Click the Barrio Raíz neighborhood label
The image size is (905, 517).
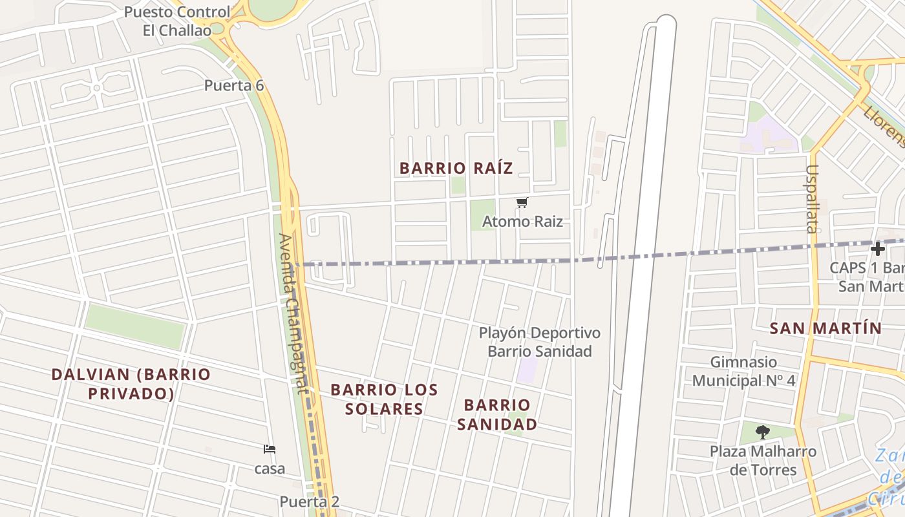click(456, 169)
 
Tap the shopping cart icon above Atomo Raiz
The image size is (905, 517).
click(522, 203)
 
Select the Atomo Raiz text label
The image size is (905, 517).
click(522, 222)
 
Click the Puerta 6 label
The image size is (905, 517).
click(234, 85)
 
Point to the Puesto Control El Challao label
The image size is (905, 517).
click(176, 21)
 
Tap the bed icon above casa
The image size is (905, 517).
click(270, 449)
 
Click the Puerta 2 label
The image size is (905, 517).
click(309, 501)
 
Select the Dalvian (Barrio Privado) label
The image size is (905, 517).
click(131, 384)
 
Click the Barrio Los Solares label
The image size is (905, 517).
click(384, 399)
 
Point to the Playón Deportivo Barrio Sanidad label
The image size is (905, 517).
click(540, 342)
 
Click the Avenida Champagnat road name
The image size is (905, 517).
click(292, 313)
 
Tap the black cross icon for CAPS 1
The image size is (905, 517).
click(877, 249)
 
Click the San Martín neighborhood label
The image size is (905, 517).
click(825, 328)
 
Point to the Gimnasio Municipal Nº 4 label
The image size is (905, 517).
click(743, 371)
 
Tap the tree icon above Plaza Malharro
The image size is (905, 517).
click(763, 432)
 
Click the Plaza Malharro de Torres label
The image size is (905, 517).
click(763, 460)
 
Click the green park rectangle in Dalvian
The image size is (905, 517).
click(135, 326)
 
